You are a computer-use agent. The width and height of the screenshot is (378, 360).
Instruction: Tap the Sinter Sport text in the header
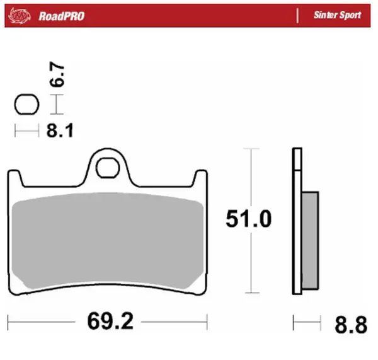(x=337, y=15)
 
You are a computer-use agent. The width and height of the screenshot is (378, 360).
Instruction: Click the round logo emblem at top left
(x=20, y=14)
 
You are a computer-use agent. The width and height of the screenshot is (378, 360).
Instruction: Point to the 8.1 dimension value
(x=60, y=131)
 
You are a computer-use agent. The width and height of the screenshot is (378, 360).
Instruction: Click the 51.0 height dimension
(x=249, y=219)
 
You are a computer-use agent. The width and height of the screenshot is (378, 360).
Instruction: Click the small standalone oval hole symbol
(x=26, y=104)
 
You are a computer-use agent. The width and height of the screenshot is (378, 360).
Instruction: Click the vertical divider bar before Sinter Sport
(x=297, y=15)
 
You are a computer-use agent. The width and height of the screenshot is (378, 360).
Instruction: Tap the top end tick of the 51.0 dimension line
(x=251, y=149)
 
